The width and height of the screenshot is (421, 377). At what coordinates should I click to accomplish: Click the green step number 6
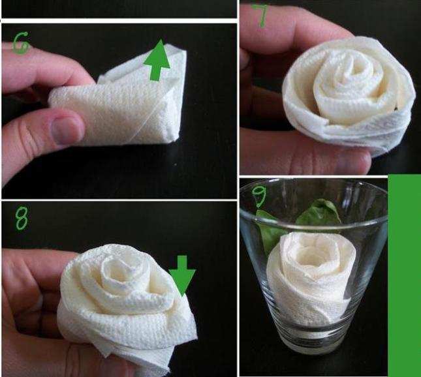pos(21,43)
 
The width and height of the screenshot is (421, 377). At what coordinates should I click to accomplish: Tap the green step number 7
pos(261,16)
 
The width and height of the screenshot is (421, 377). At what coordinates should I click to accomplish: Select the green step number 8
pos(22,219)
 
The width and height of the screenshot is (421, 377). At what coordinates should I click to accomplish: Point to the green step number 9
pos(259,197)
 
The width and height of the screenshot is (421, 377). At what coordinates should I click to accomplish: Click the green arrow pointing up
pos(157,60)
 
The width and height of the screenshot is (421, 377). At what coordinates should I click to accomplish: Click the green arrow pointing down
pos(182,275)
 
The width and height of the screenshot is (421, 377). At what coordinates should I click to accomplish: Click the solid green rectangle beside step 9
pos(404,275)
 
